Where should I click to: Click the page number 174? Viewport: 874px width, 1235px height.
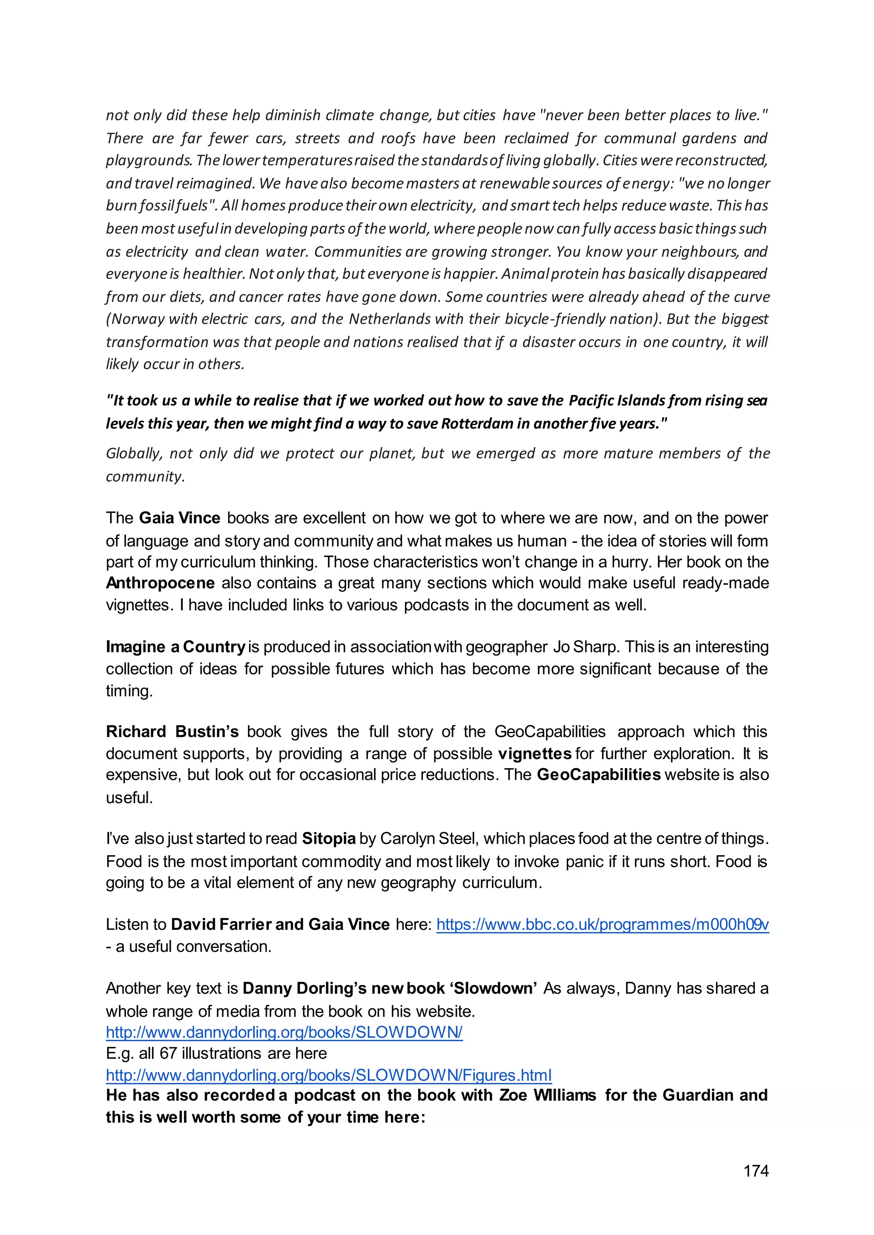(756, 1171)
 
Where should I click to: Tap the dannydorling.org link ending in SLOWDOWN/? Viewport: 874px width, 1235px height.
(284, 1032)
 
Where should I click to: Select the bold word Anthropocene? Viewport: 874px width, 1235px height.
(160, 583)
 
